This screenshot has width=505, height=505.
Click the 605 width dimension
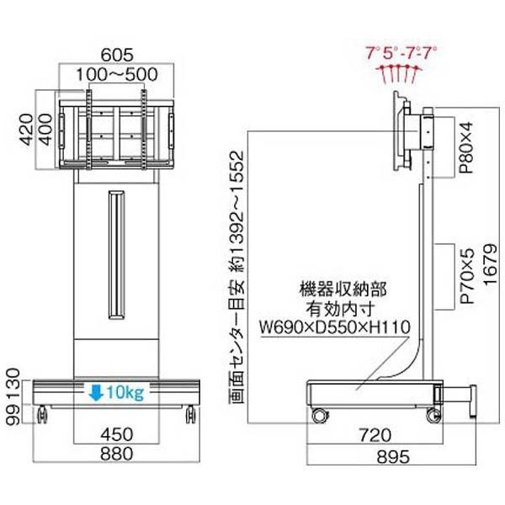[118, 56]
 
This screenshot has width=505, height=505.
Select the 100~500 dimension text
[118, 74]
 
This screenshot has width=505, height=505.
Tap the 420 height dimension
[26, 131]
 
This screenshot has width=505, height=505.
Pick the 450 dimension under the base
[117, 434]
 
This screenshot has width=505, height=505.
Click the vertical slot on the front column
[115, 252]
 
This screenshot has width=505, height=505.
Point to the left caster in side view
[320, 415]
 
